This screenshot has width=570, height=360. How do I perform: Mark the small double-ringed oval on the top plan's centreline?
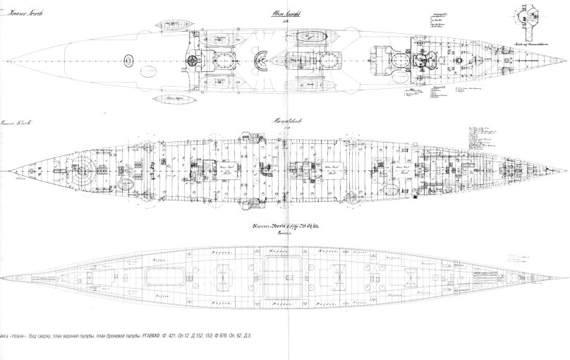coord(129,60)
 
